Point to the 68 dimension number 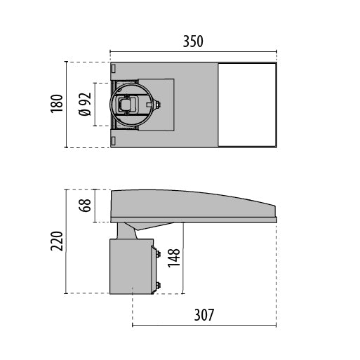86,205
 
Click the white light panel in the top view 246,105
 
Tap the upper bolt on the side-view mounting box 157,253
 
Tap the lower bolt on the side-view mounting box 157,285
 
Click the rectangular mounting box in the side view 131,267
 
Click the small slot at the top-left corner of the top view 114,69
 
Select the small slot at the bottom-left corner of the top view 114,140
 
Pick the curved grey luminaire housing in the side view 189,206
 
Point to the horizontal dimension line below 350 193,52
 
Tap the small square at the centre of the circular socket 128,105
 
